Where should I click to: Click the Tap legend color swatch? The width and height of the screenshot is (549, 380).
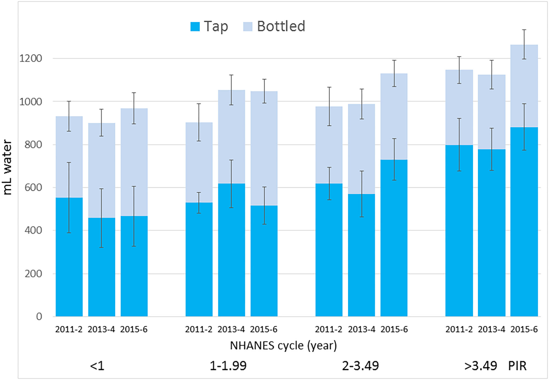[195, 27]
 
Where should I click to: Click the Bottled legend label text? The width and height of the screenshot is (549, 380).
[281, 26]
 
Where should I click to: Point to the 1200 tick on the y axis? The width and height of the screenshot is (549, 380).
[31, 58]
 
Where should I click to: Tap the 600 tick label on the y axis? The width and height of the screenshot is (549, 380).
[33, 188]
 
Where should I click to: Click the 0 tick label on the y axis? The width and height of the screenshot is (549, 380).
[39, 317]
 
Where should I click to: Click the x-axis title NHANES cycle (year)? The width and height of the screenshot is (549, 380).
[283, 346]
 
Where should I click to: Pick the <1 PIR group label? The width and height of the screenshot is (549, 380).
[97, 366]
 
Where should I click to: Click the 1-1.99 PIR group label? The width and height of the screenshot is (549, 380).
[228, 366]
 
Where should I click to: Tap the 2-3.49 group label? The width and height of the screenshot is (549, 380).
[360, 366]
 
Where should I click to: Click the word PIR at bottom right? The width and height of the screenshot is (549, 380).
[517, 366]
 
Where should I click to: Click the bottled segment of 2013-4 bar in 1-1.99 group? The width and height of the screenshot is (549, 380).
[231, 136]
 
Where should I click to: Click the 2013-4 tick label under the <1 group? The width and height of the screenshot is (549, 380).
[101, 329]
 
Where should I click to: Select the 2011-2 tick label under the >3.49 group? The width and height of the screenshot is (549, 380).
[459, 329]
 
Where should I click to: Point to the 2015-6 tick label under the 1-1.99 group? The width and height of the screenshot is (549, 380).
[264, 329]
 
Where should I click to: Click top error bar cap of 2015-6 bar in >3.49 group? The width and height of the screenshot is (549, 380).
[524, 30]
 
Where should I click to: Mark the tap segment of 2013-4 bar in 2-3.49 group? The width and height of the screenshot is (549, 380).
[361, 259]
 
